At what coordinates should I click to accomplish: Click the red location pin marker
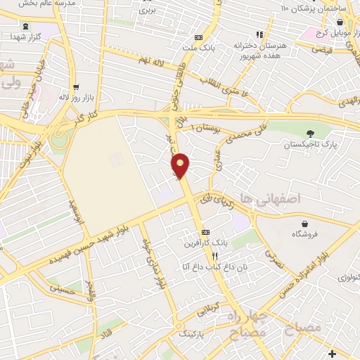pyautogui.click(x=181, y=165)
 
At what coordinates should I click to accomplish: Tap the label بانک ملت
pyautogui.click(x=198, y=48)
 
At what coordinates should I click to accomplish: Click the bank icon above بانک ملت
pyautogui.click(x=198, y=37)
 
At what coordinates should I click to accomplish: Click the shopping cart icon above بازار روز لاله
pyautogui.click(x=73, y=87)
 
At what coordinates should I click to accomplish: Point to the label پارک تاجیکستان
pyautogui.click(x=310, y=144)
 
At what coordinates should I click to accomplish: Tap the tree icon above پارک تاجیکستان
pyautogui.click(x=310, y=133)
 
